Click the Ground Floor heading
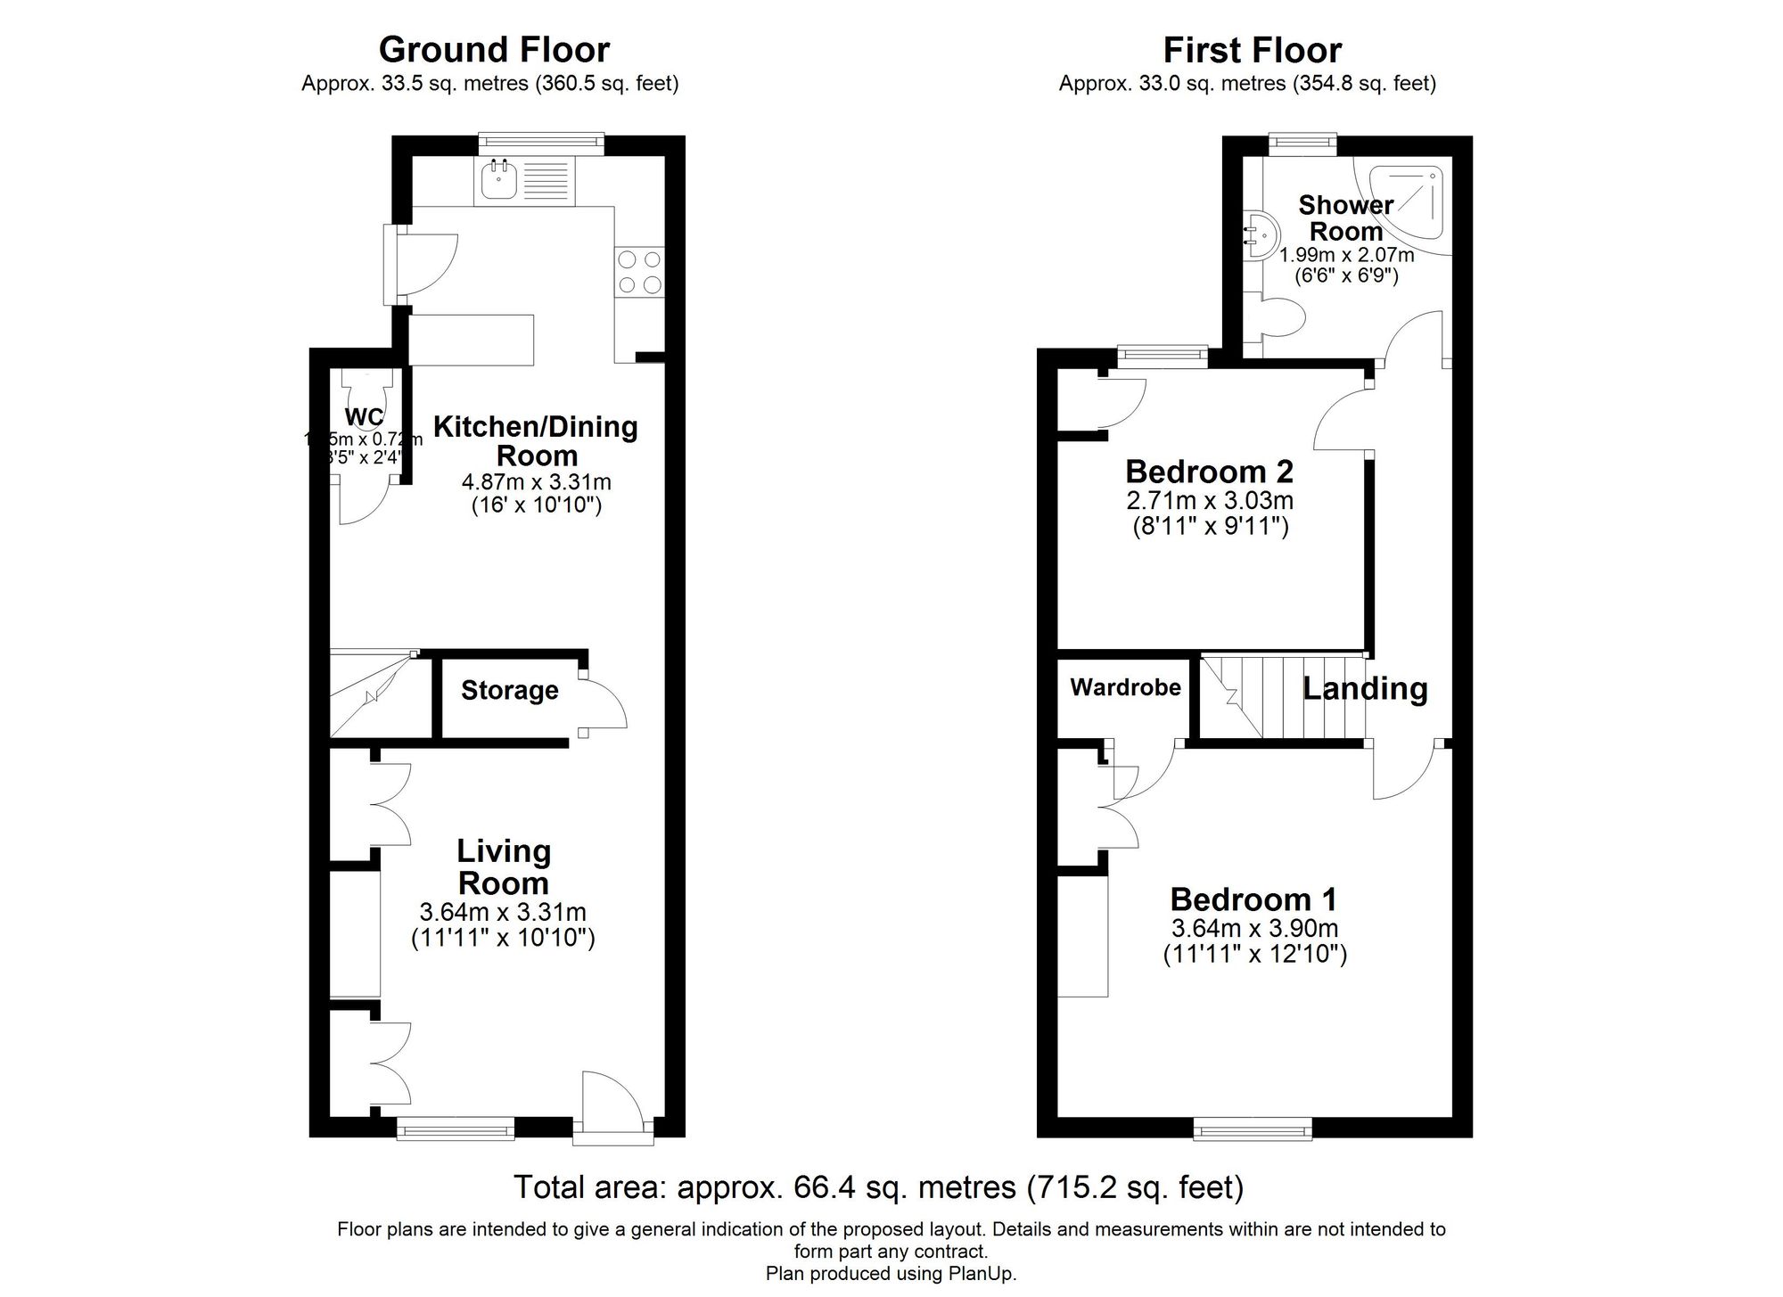(x=494, y=50)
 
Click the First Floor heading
(x=1252, y=50)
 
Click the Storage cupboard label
(x=509, y=690)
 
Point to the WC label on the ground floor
(x=364, y=416)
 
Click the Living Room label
(x=504, y=866)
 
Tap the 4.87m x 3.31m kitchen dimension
(x=536, y=482)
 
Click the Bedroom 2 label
(x=1209, y=471)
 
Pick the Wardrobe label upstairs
(x=1125, y=687)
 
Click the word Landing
(x=1365, y=688)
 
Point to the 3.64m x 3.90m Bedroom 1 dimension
(x=1254, y=928)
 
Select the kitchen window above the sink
(x=540, y=142)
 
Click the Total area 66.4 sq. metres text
(x=878, y=1186)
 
